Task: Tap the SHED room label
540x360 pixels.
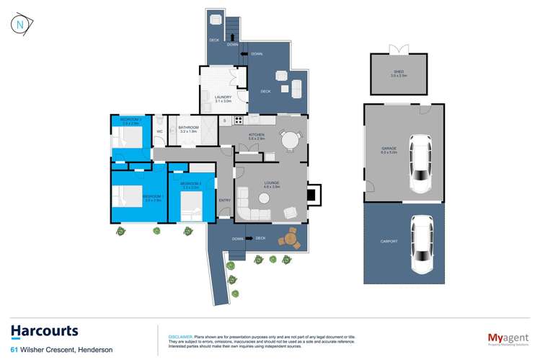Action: [399, 73]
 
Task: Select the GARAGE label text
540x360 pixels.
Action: [389, 150]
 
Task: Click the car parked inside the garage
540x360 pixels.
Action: [420, 163]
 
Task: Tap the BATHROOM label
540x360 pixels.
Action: [187, 128]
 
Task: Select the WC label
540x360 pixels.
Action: [159, 132]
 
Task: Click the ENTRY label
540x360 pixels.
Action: [225, 200]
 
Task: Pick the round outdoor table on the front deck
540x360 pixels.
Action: [291, 237]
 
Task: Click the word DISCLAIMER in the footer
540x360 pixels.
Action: [180, 336]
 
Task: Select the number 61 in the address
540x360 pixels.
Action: [14, 351]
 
